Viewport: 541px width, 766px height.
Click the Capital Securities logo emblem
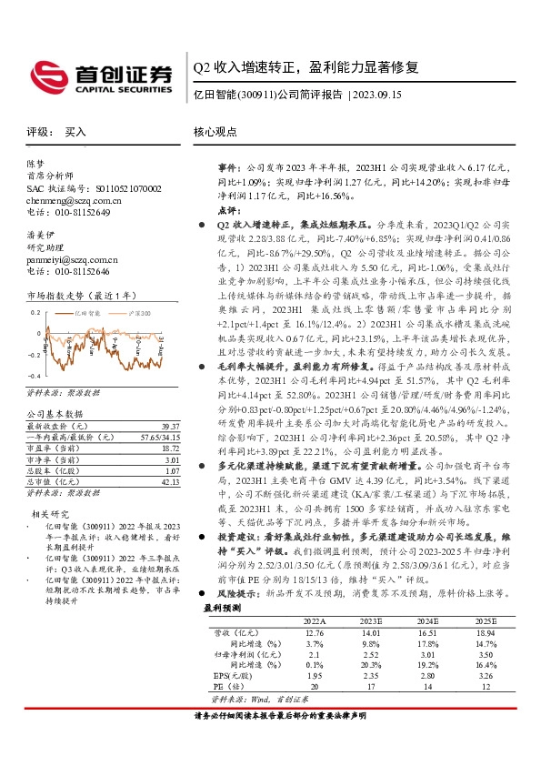click(45, 74)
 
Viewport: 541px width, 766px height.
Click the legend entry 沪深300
click(127, 312)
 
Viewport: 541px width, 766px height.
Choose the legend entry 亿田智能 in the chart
click(88, 312)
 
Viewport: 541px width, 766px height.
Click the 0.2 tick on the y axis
click(35, 311)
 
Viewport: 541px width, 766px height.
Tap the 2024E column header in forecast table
click(426, 620)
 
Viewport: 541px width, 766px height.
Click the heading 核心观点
click(214, 132)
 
